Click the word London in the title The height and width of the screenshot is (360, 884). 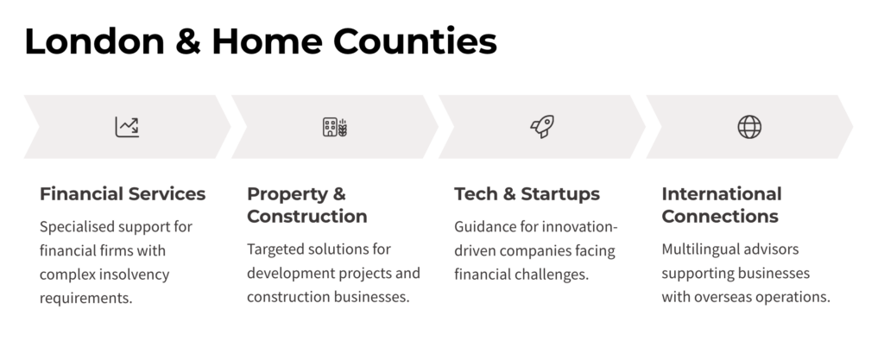(x=94, y=41)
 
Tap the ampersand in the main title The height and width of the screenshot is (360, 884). (x=187, y=41)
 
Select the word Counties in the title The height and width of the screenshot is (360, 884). (x=415, y=41)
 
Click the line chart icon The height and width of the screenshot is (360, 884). (x=127, y=127)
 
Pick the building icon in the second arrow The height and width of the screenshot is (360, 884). (x=335, y=127)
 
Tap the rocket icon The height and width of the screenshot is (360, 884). (x=542, y=126)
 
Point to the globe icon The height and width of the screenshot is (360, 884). (x=749, y=127)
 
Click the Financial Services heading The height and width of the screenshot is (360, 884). (x=123, y=193)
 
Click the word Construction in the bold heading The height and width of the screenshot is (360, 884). (x=307, y=217)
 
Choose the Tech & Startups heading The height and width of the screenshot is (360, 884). (x=527, y=193)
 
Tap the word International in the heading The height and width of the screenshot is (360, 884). (x=722, y=193)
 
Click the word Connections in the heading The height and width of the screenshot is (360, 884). (x=720, y=217)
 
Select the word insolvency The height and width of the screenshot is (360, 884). (x=134, y=275)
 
